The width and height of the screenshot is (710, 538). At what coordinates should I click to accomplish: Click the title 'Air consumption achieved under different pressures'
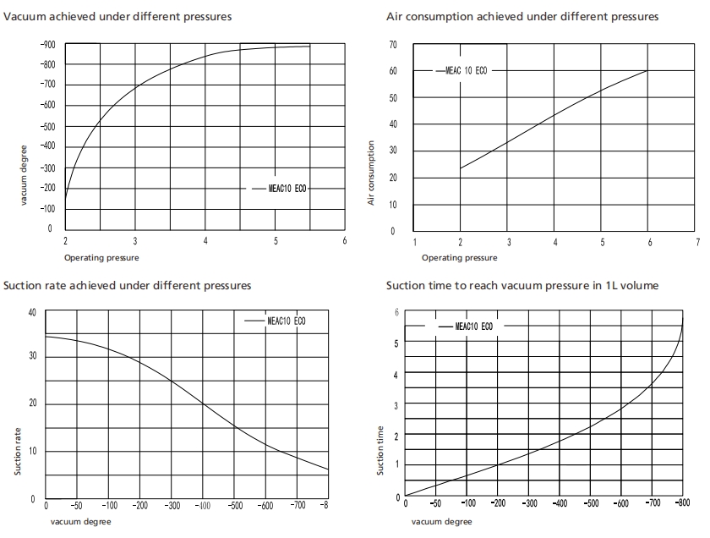[522, 16]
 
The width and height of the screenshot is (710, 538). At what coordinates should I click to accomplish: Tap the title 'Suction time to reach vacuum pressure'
[522, 286]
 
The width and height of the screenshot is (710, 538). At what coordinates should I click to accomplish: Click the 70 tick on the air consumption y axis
[393, 44]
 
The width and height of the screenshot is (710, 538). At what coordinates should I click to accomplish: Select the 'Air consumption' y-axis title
[371, 173]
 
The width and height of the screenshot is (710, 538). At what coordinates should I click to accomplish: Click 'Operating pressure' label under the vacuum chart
[101, 257]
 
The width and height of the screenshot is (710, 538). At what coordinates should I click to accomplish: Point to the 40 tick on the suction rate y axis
[32, 312]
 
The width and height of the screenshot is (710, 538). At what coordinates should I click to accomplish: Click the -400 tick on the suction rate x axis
[204, 505]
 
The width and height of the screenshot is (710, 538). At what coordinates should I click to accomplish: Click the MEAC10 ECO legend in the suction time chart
[473, 325]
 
